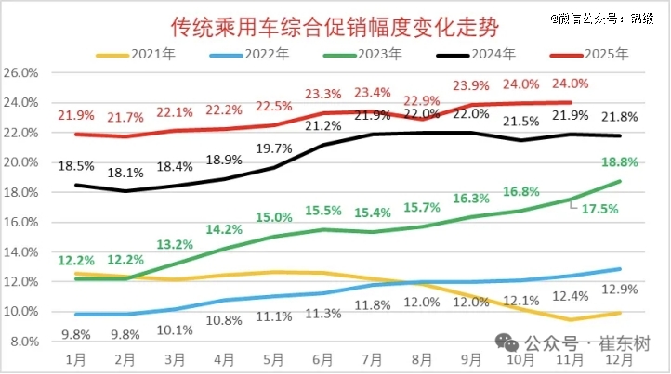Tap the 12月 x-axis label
(x=617, y=357)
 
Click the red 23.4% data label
(x=371, y=93)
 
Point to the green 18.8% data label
(x=619, y=161)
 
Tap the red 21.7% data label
(x=126, y=119)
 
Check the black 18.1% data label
(x=126, y=173)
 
